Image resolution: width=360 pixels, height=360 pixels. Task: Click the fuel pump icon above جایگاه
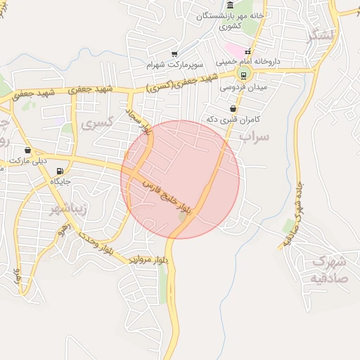59,170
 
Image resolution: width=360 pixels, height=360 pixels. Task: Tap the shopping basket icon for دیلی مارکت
27,150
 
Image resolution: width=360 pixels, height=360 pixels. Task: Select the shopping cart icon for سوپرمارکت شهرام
174,54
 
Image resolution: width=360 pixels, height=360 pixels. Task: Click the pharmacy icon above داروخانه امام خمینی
247,51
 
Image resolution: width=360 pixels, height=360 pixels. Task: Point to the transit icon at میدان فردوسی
244,75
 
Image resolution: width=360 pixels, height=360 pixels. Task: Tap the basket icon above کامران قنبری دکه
233,109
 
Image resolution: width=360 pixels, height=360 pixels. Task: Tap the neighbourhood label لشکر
322,35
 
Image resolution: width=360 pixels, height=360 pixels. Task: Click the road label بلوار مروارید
148,259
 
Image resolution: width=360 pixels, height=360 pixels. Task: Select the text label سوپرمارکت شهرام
174,65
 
